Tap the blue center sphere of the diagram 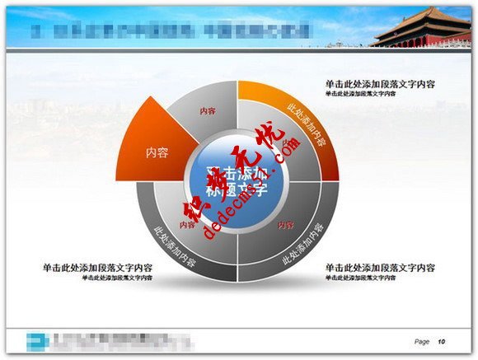pos(237,183)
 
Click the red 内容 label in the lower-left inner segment pos(187,224)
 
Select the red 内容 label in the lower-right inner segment pos(285,224)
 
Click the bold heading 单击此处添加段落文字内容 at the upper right pos(380,84)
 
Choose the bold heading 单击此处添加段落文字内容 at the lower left pos(97,268)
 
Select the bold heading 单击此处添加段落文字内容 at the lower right pos(380,268)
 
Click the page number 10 pos(442,341)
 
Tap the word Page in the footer pos(422,341)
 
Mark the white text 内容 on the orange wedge pos(157,152)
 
